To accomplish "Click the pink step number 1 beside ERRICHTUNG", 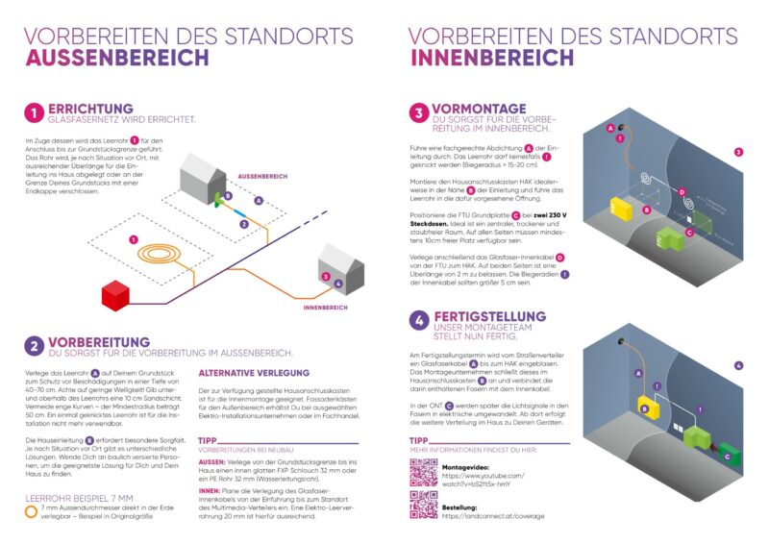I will [x=34, y=114].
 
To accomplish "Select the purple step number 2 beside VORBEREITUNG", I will [x=34, y=346].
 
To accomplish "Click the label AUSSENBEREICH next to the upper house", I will [x=263, y=176].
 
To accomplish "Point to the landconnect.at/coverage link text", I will [x=492, y=516].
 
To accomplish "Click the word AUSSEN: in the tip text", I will [x=211, y=461].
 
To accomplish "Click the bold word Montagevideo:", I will [x=468, y=467].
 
